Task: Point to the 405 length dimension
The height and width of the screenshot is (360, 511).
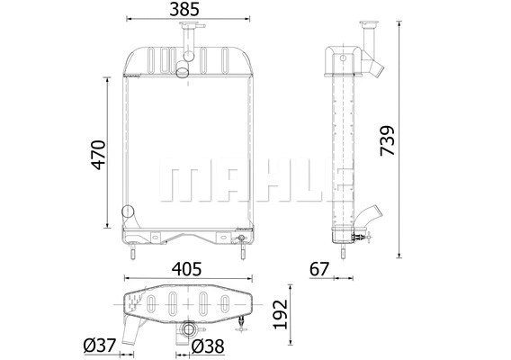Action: click(x=186, y=269)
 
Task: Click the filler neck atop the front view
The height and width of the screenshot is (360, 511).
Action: click(x=187, y=39)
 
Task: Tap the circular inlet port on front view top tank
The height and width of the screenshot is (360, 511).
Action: click(x=183, y=72)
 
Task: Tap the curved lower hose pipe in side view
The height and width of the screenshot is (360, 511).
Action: click(x=370, y=220)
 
